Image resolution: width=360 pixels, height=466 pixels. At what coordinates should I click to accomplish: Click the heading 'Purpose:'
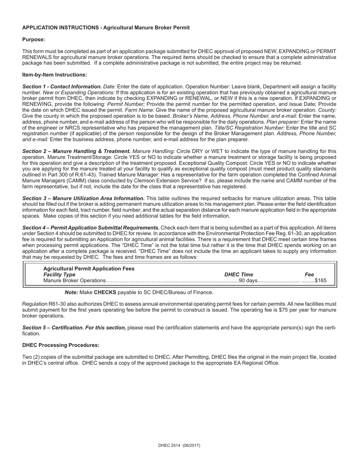click(x=33, y=39)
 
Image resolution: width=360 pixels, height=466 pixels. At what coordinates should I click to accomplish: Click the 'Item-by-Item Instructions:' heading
click(x=55, y=75)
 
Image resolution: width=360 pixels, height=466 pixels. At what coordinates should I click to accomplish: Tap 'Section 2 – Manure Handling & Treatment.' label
click(x=77, y=151)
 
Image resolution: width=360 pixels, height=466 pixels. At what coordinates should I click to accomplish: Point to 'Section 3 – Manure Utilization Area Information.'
click(x=83, y=199)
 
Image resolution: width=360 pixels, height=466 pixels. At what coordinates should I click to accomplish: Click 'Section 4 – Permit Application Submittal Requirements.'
click(x=91, y=228)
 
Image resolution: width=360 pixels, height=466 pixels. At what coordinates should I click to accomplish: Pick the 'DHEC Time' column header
click(x=239, y=275)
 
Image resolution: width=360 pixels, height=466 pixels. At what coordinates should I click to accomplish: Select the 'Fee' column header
click(x=309, y=275)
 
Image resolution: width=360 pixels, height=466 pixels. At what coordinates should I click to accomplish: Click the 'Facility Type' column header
click(x=59, y=275)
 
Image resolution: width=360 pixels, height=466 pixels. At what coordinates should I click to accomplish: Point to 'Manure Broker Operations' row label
click(x=74, y=281)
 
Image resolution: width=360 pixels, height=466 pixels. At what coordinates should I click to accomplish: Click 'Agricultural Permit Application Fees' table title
click(x=89, y=269)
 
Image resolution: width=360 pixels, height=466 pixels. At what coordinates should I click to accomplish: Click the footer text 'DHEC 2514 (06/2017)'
click(x=179, y=446)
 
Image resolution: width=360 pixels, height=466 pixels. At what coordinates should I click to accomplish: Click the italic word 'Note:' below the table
click(x=71, y=292)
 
